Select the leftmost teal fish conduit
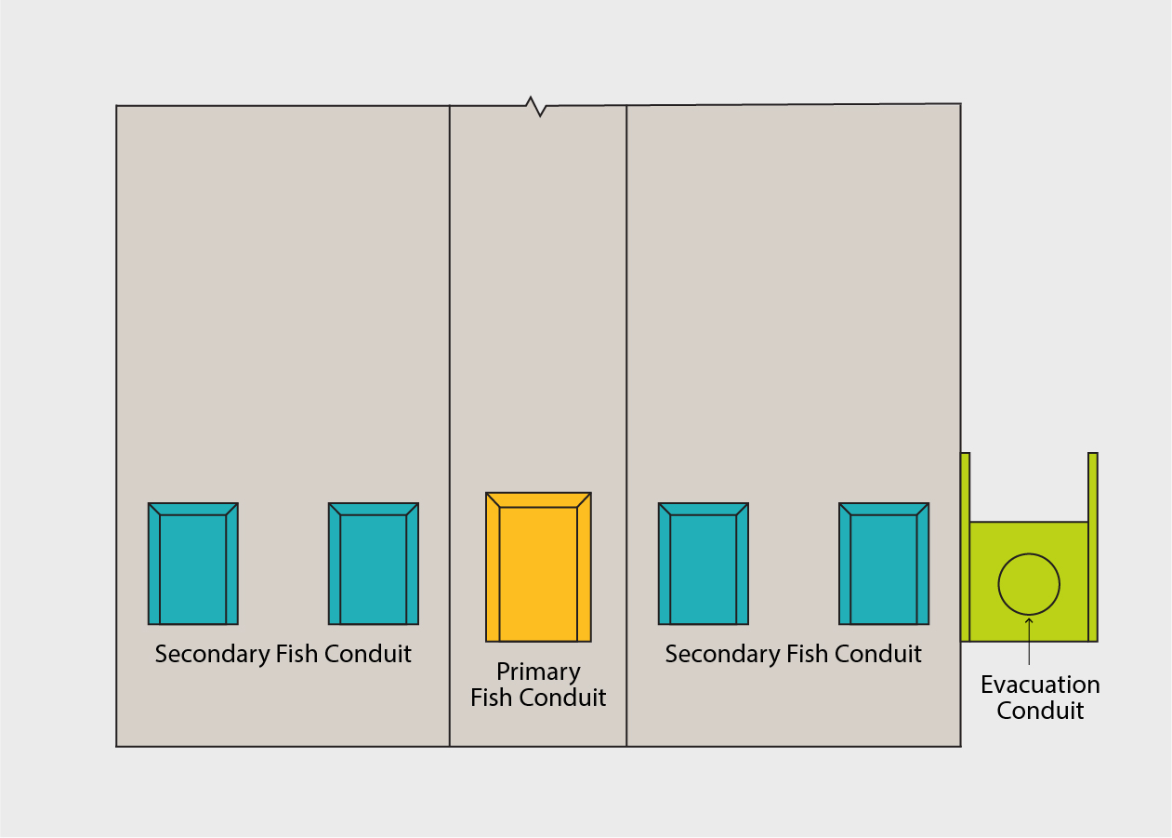tap(193, 568)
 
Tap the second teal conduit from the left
tap(374, 568)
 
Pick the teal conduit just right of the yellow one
tap(704, 568)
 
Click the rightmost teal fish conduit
tap(884, 568)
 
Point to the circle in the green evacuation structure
tap(1029, 584)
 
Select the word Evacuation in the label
tap(1040, 685)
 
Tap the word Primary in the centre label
tap(538, 672)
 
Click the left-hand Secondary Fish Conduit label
tap(283, 654)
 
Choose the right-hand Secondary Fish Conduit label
tap(793, 654)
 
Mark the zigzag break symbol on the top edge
tap(536, 105)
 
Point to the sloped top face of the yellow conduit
tap(538, 499)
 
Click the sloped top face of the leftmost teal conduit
tap(193, 509)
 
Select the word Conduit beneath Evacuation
tap(1040, 712)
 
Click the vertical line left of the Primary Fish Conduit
tap(450, 372)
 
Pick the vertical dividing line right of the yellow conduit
tap(626, 372)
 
